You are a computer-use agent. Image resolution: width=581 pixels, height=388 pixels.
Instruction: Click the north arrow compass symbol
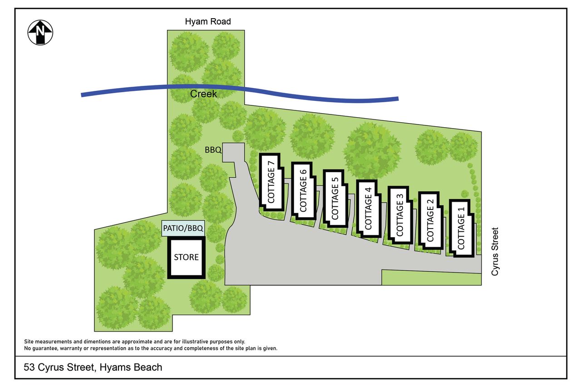(40, 32)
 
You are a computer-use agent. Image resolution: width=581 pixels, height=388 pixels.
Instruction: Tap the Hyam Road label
(208, 21)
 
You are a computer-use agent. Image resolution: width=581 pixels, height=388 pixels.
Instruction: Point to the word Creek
(203, 94)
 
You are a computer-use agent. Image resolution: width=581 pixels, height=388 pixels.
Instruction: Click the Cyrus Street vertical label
(495, 251)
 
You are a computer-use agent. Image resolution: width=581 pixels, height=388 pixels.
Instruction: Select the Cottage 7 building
(271, 182)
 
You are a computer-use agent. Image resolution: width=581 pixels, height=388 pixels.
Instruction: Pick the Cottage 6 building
(304, 191)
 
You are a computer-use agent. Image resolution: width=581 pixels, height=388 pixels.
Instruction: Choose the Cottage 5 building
(335, 199)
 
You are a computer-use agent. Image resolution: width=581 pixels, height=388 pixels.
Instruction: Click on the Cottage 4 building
(369, 209)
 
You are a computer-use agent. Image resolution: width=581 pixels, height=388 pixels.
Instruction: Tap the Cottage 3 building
(400, 215)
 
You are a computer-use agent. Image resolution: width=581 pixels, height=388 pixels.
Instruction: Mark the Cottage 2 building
(431, 221)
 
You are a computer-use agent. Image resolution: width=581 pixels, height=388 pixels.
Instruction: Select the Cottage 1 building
(462, 228)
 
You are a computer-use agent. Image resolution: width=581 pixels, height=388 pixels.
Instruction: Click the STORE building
(186, 257)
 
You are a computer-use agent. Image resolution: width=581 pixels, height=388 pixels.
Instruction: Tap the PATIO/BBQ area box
(183, 228)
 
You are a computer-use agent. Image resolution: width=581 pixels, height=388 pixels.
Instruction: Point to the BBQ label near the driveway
(213, 150)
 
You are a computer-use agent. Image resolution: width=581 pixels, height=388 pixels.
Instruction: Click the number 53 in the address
(30, 367)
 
